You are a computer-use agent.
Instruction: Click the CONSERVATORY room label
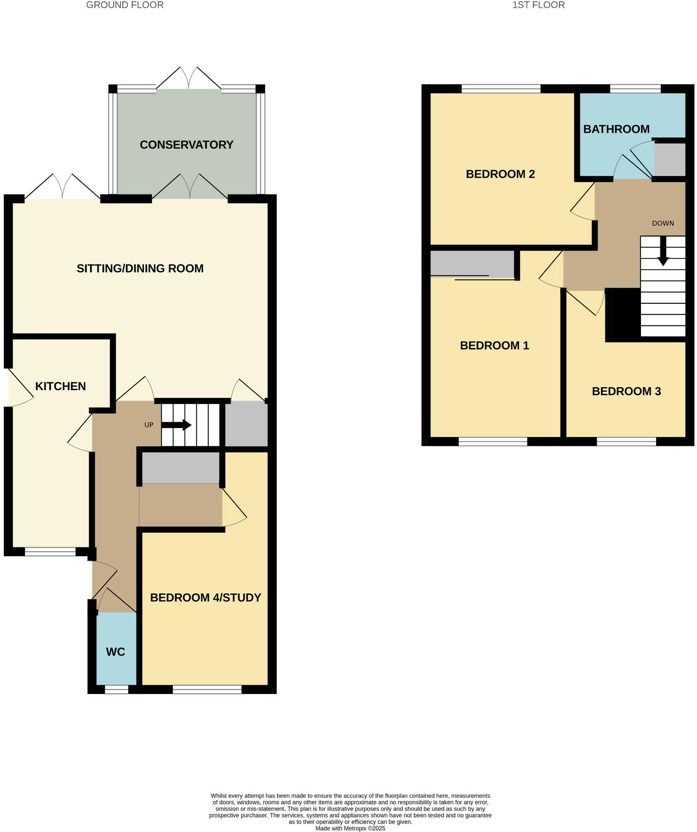(x=186, y=145)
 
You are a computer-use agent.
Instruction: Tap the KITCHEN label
(x=60, y=386)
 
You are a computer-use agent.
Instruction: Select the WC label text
(x=115, y=652)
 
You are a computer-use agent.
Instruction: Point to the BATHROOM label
(x=616, y=129)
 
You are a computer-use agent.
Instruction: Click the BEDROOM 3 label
(x=626, y=391)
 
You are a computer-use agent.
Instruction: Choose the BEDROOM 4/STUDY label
(x=205, y=598)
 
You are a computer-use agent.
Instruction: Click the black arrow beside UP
(x=176, y=425)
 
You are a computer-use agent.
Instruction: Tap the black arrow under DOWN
(x=663, y=251)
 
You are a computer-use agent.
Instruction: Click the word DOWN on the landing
(x=662, y=223)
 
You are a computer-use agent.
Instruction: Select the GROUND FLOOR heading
(x=125, y=5)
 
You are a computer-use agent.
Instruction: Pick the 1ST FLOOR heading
(x=538, y=5)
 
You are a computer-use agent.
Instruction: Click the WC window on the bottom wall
(x=116, y=689)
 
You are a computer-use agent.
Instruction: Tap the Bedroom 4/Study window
(x=207, y=689)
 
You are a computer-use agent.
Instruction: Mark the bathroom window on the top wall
(x=635, y=89)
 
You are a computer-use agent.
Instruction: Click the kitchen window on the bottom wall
(x=50, y=552)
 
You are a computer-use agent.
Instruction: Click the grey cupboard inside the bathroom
(x=670, y=159)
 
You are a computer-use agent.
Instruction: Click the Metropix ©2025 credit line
(x=350, y=828)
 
